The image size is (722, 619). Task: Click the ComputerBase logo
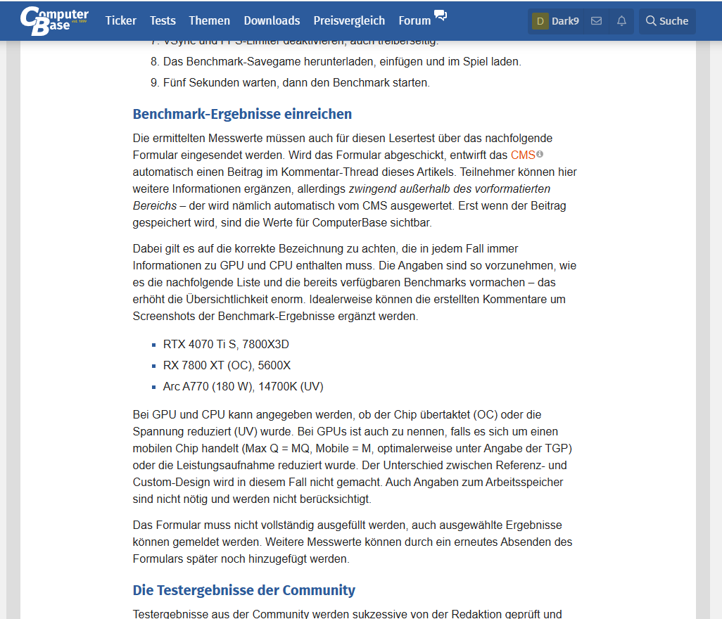pyautogui.click(x=54, y=20)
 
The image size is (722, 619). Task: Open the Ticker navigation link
pyautogui.click(x=121, y=20)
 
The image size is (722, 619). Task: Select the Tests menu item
pyautogui.click(x=163, y=20)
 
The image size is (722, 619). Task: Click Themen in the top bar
pyautogui.click(x=210, y=20)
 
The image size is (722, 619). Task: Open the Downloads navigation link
pyautogui.click(x=272, y=20)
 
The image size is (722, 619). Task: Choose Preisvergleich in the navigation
pyautogui.click(x=349, y=20)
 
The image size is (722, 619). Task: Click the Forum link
pyautogui.click(x=414, y=20)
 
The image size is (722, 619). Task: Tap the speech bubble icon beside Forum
pyautogui.click(x=441, y=15)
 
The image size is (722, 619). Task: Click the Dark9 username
pyautogui.click(x=565, y=21)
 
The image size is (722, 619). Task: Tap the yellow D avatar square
pyautogui.click(x=540, y=21)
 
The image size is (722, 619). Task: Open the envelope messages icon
pyautogui.click(x=596, y=21)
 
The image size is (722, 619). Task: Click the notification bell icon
pyautogui.click(x=621, y=21)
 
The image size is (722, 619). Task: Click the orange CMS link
pyautogui.click(x=523, y=155)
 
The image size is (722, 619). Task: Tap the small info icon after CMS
pyautogui.click(x=540, y=154)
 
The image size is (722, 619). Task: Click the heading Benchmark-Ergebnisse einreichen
pyautogui.click(x=242, y=114)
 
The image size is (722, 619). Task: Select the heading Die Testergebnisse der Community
pyautogui.click(x=243, y=590)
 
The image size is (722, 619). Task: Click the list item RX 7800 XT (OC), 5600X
pyautogui.click(x=227, y=366)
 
